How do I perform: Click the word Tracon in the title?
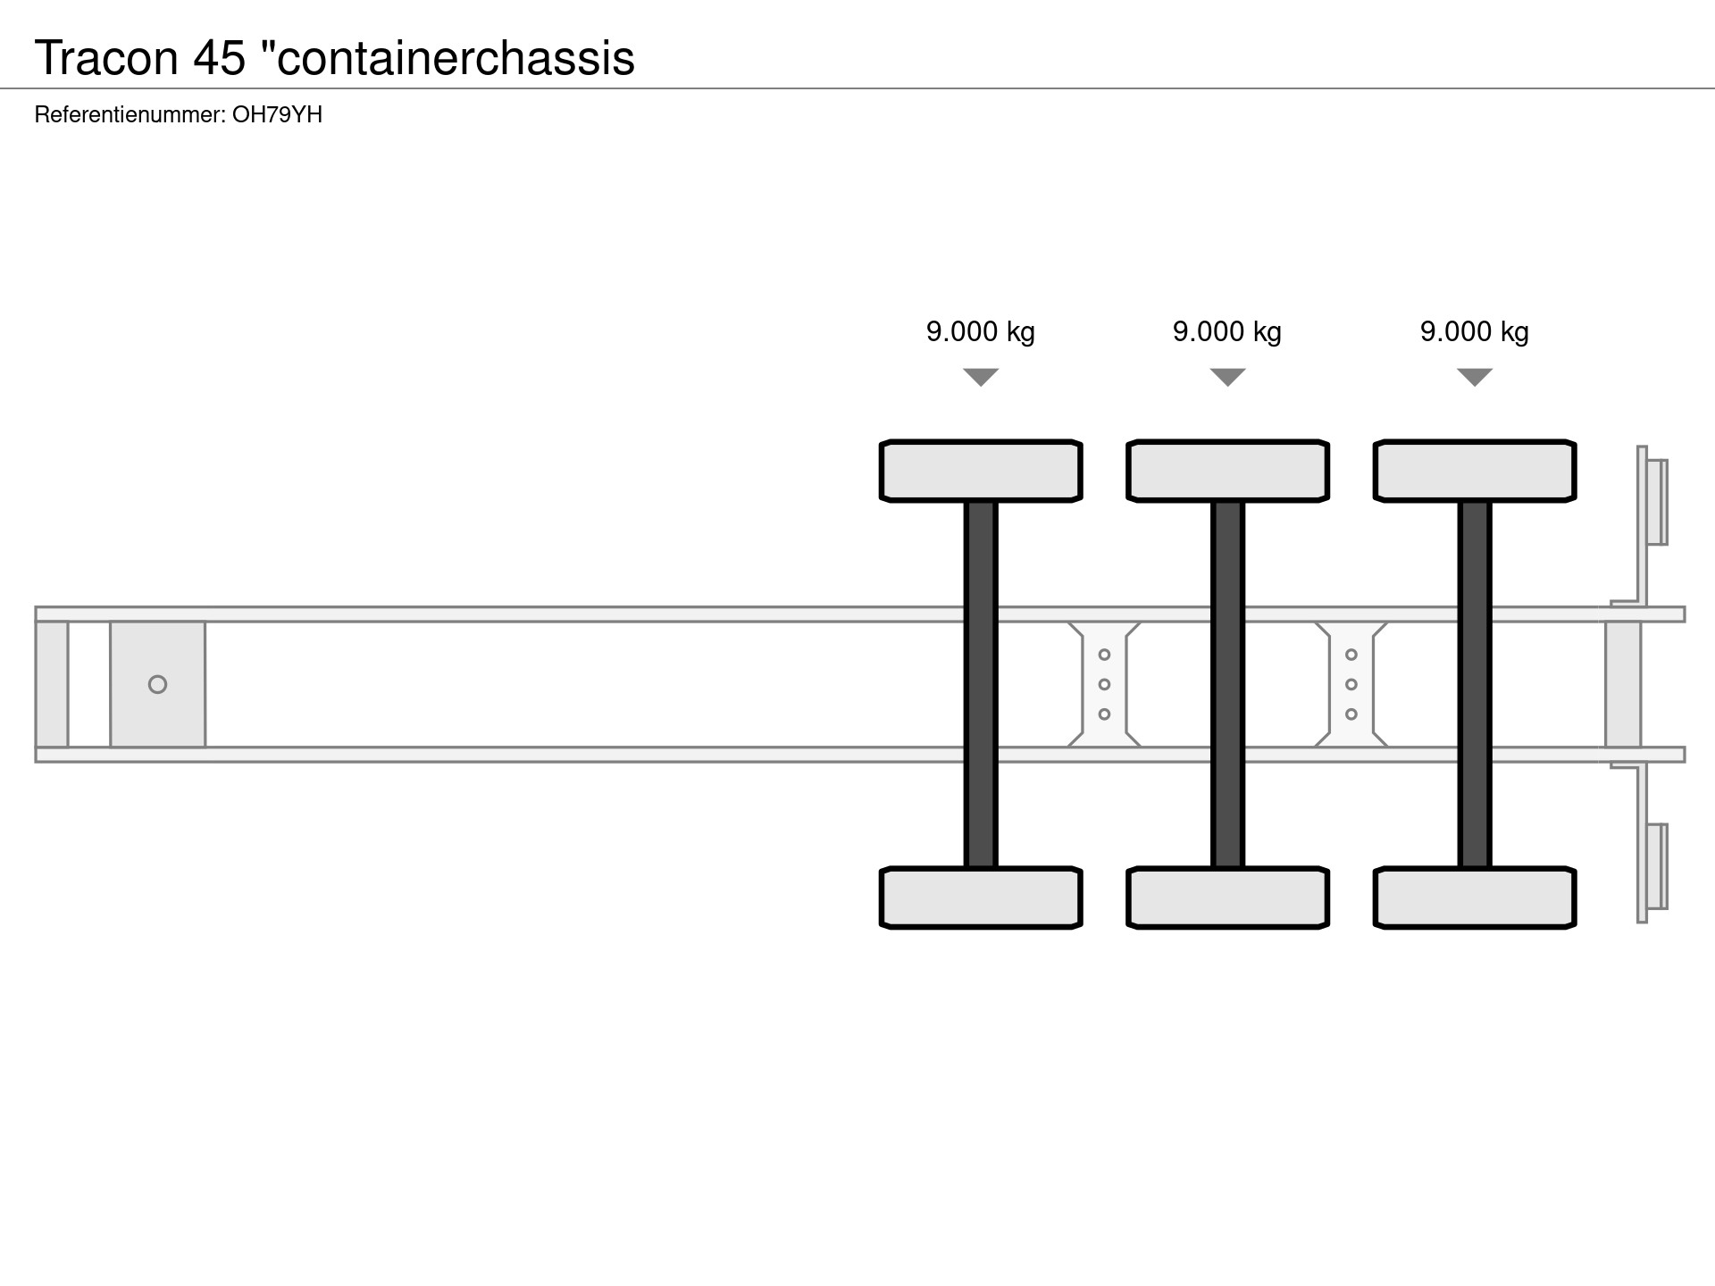click(106, 58)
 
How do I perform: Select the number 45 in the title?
click(219, 58)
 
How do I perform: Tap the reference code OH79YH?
click(277, 114)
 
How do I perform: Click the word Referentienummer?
click(129, 114)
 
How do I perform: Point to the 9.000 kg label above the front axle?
click(981, 331)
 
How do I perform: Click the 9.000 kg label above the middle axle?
click(1227, 331)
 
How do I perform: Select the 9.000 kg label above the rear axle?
click(1475, 331)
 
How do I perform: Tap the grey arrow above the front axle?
click(981, 377)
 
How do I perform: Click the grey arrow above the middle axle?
click(1227, 377)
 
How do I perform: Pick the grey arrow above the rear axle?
click(1475, 377)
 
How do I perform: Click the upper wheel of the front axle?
click(981, 471)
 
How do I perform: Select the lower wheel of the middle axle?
click(1227, 898)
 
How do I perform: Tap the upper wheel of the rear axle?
click(1475, 471)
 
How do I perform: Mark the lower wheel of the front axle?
click(981, 898)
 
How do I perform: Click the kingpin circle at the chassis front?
click(157, 684)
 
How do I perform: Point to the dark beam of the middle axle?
click(1227, 684)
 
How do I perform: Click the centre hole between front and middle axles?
click(1104, 684)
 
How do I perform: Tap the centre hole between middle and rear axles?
click(1351, 684)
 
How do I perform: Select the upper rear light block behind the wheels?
click(1656, 502)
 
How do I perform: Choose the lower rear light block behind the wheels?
click(1656, 866)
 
